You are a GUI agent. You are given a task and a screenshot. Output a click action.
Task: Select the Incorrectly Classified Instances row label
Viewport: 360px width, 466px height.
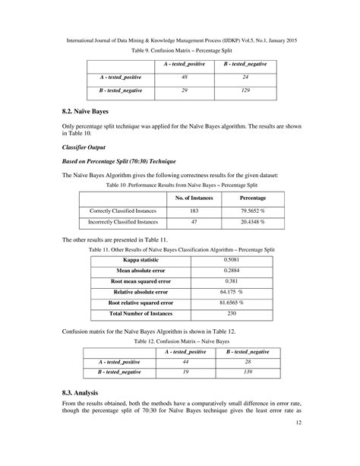[123, 222]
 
